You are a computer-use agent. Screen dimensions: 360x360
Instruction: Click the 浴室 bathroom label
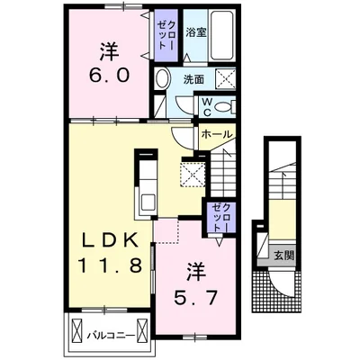coord(196,32)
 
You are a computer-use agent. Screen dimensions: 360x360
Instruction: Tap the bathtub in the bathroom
coord(222,36)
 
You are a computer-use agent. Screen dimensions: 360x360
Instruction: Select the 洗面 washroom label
coord(193,79)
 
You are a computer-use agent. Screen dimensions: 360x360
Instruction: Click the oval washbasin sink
coord(162,78)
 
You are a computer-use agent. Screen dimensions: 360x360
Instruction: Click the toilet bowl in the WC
coord(224,107)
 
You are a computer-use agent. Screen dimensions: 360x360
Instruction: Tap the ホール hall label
coord(217,134)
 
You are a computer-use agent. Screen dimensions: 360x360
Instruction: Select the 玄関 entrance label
coord(283,256)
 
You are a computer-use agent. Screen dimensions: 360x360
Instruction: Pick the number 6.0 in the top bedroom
coord(109,75)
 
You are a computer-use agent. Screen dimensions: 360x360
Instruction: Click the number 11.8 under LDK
coord(110,265)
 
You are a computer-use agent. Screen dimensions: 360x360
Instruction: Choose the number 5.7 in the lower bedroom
coord(195,298)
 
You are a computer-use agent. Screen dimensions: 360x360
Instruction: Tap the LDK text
coord(110,240)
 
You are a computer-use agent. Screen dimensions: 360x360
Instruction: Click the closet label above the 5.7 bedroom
coord(220,217)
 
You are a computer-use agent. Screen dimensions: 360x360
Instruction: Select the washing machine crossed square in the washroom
coord(226,78)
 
